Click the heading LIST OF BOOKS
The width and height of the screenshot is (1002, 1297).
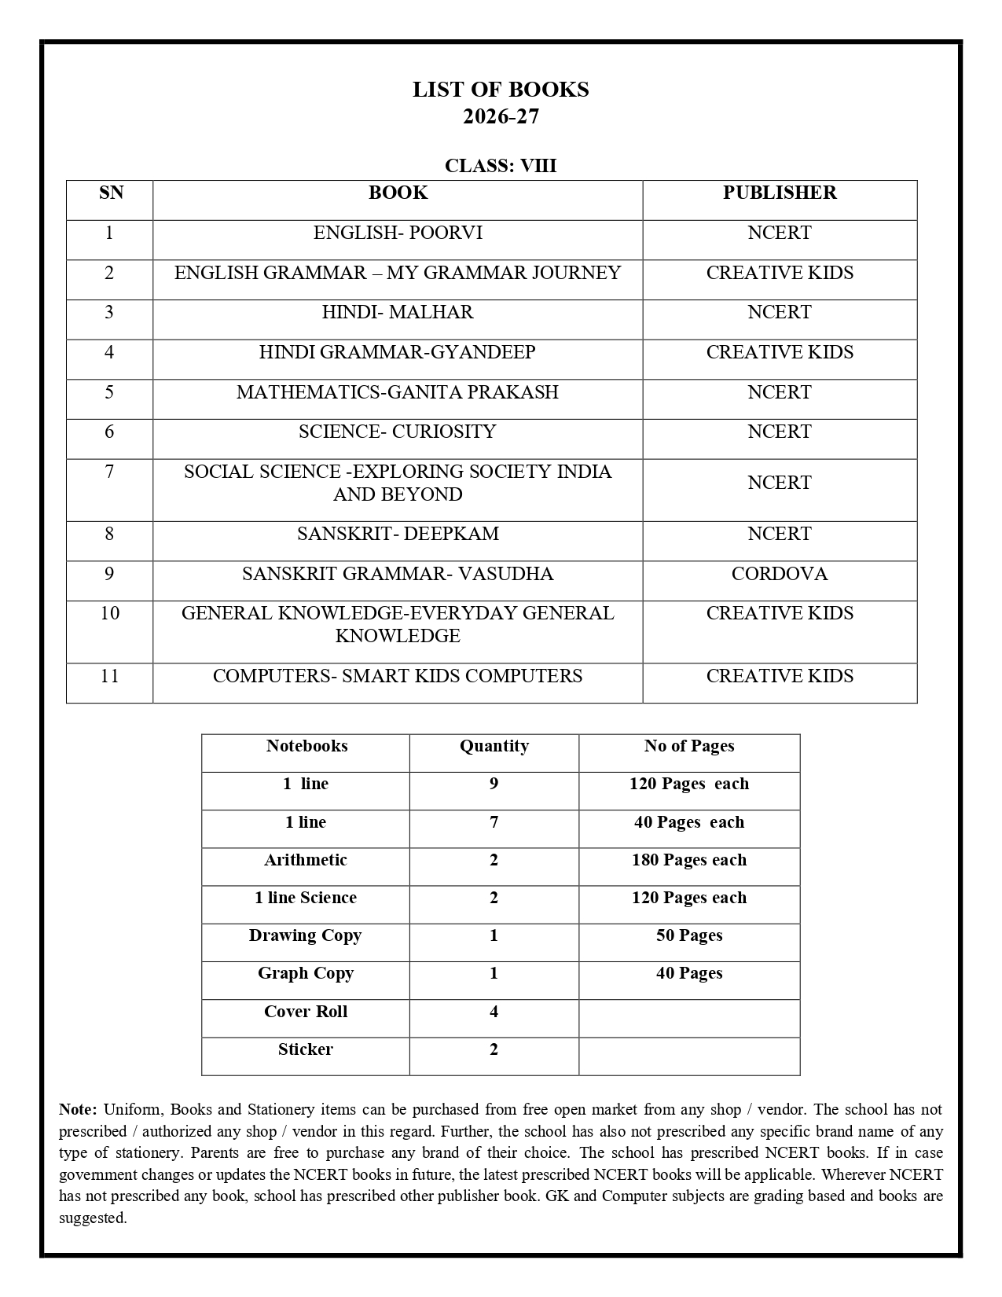tap(501, 90)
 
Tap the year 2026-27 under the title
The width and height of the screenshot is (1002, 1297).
tap(501, 116)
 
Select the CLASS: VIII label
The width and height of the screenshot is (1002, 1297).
tap(501, 166)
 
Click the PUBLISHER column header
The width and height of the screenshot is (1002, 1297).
tap(779, 193)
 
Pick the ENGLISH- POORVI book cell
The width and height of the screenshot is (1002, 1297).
tap(398, 233)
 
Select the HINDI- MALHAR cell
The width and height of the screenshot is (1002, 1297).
tap(398, 312)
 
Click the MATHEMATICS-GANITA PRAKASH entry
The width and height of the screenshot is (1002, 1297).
tap(398, 391)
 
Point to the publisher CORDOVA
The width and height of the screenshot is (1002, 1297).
tap(779, 574)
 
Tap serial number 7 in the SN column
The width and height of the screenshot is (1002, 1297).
tap(109, 472)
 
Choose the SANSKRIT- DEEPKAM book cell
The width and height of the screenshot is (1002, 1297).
tap(398, 534)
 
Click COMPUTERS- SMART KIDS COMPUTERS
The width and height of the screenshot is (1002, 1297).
tap(398, 676)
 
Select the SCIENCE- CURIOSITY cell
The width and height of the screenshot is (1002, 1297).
tap(398, 432)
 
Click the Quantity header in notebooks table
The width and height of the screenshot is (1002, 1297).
tap(494, 746)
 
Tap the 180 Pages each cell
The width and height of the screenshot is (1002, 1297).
tap(688, 860)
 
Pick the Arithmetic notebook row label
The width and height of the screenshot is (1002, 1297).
tap(305, 860)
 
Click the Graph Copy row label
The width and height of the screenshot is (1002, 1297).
tap(305, 973)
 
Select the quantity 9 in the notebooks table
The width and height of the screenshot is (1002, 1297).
tap(494, 784)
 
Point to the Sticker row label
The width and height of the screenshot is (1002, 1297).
tap(305, 1049)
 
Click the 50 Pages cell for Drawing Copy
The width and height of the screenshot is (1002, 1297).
tap(688, 935)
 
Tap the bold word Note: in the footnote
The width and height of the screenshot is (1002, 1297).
tap(78, 1110)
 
